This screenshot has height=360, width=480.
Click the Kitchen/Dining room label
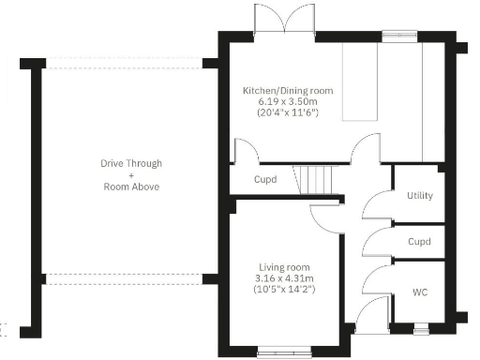tap(288, 90)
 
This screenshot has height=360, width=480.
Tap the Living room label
tap(284, 267)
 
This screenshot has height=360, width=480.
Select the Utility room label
tap(419, 196)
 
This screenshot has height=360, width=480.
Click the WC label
tap(419, 292)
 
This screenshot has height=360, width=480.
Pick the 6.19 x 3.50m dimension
tap(288, 101)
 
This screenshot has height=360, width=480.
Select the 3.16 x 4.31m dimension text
tap(284, 278)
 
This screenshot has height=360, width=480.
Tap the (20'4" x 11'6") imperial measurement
tap(288, 112)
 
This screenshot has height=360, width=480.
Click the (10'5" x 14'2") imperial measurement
tap(284, 290)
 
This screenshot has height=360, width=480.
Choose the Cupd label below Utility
tap(419, 242)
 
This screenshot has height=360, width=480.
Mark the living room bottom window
tap(283, 352)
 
